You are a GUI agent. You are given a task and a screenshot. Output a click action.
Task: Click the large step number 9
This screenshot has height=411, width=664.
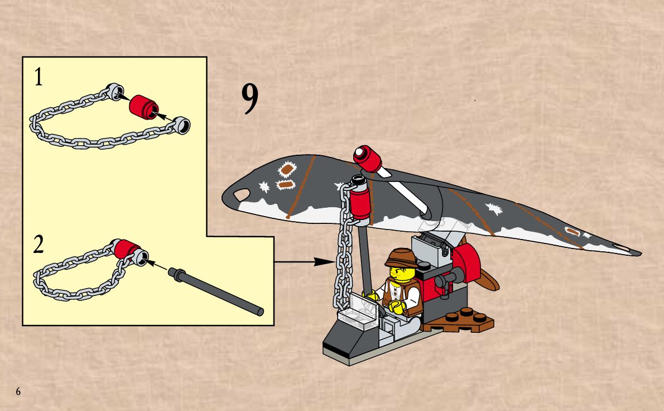click(x=250, y=99)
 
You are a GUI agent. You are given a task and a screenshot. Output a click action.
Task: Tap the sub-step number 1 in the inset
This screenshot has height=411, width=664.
click(x=39, y=77)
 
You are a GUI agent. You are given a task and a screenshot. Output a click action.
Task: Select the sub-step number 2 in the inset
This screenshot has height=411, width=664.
click(x=39, y=245)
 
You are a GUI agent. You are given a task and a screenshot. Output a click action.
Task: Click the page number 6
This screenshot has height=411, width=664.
click(x=18, y=391)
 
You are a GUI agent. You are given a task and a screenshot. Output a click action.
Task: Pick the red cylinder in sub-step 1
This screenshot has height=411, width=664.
click(x=144, y=107)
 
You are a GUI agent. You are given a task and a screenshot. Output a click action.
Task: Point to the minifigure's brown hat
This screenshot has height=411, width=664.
click(x=401, y=257)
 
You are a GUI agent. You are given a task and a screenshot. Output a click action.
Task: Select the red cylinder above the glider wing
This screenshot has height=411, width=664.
click(x=368, y=159)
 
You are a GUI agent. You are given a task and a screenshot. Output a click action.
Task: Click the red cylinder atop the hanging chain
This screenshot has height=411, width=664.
click(x=360, y=203)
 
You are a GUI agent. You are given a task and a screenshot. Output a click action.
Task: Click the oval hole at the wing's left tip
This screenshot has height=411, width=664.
click(x=242, y=194)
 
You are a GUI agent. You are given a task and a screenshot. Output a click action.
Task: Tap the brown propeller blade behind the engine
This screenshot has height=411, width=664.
click(x=485, y=275)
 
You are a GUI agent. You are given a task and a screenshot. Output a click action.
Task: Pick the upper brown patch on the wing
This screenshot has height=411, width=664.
click(x=287, y=170)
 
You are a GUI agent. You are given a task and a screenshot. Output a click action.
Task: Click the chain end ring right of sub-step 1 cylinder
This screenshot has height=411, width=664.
click(x=182, y=125)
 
